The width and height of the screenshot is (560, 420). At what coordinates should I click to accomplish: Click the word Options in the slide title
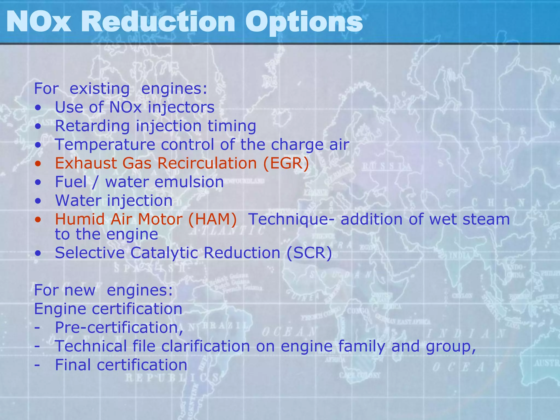(304, 22)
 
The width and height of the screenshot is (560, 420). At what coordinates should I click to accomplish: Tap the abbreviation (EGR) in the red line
(286, 163)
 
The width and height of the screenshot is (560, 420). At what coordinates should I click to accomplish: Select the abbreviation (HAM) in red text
(212, 219)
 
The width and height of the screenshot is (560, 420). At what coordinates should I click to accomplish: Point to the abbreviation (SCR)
(309, 253)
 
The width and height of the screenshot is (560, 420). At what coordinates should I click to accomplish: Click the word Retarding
(92, 126)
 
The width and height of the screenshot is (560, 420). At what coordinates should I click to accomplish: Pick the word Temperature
(105, 144)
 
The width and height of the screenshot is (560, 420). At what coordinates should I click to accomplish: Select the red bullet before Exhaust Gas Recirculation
(38, 164)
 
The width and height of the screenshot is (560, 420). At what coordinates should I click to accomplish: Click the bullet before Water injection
(38, 201)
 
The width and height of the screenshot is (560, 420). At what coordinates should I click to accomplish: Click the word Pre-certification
(119, 327)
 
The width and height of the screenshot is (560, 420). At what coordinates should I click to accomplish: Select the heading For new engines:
(103, 290)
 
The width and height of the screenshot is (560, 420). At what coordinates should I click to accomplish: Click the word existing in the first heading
(100, 89)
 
